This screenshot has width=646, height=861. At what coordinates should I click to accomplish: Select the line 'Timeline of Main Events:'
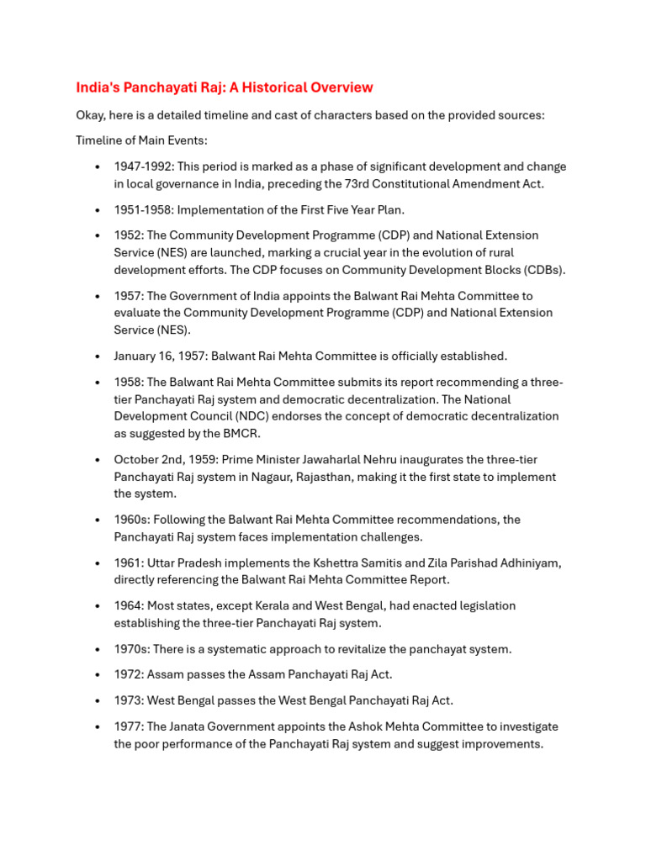coord(141,140)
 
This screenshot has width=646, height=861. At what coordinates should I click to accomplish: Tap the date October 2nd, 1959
coord(166,459)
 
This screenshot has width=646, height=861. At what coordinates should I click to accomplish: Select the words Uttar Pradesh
coord(184,563)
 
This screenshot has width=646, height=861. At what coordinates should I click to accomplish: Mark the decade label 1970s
coord(130,648)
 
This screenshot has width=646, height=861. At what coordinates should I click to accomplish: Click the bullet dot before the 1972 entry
coord(98,674)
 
